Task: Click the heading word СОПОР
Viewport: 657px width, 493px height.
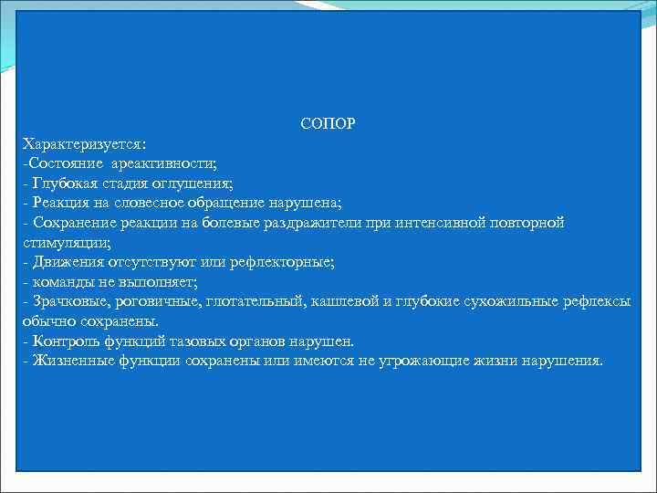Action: click(328, 123)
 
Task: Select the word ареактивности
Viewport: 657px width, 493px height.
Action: click(164, 163)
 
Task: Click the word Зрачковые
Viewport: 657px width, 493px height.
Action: click(67, 301)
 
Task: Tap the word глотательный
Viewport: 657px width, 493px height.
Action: click(260, 301)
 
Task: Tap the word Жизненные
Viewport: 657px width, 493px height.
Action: click(70, 361)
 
